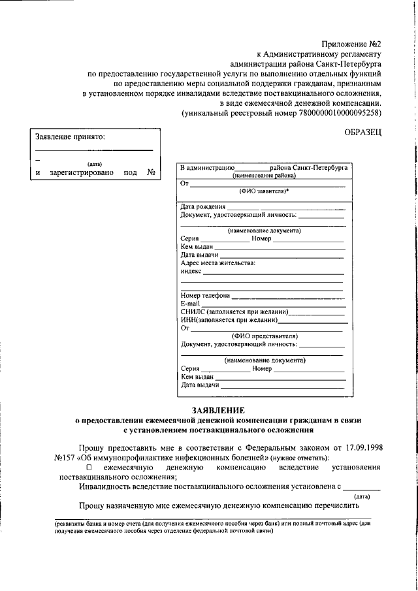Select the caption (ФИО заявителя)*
264,191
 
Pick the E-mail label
190,304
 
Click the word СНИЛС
192,311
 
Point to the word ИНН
188,320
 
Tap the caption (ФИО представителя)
264,336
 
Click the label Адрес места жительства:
218,263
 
